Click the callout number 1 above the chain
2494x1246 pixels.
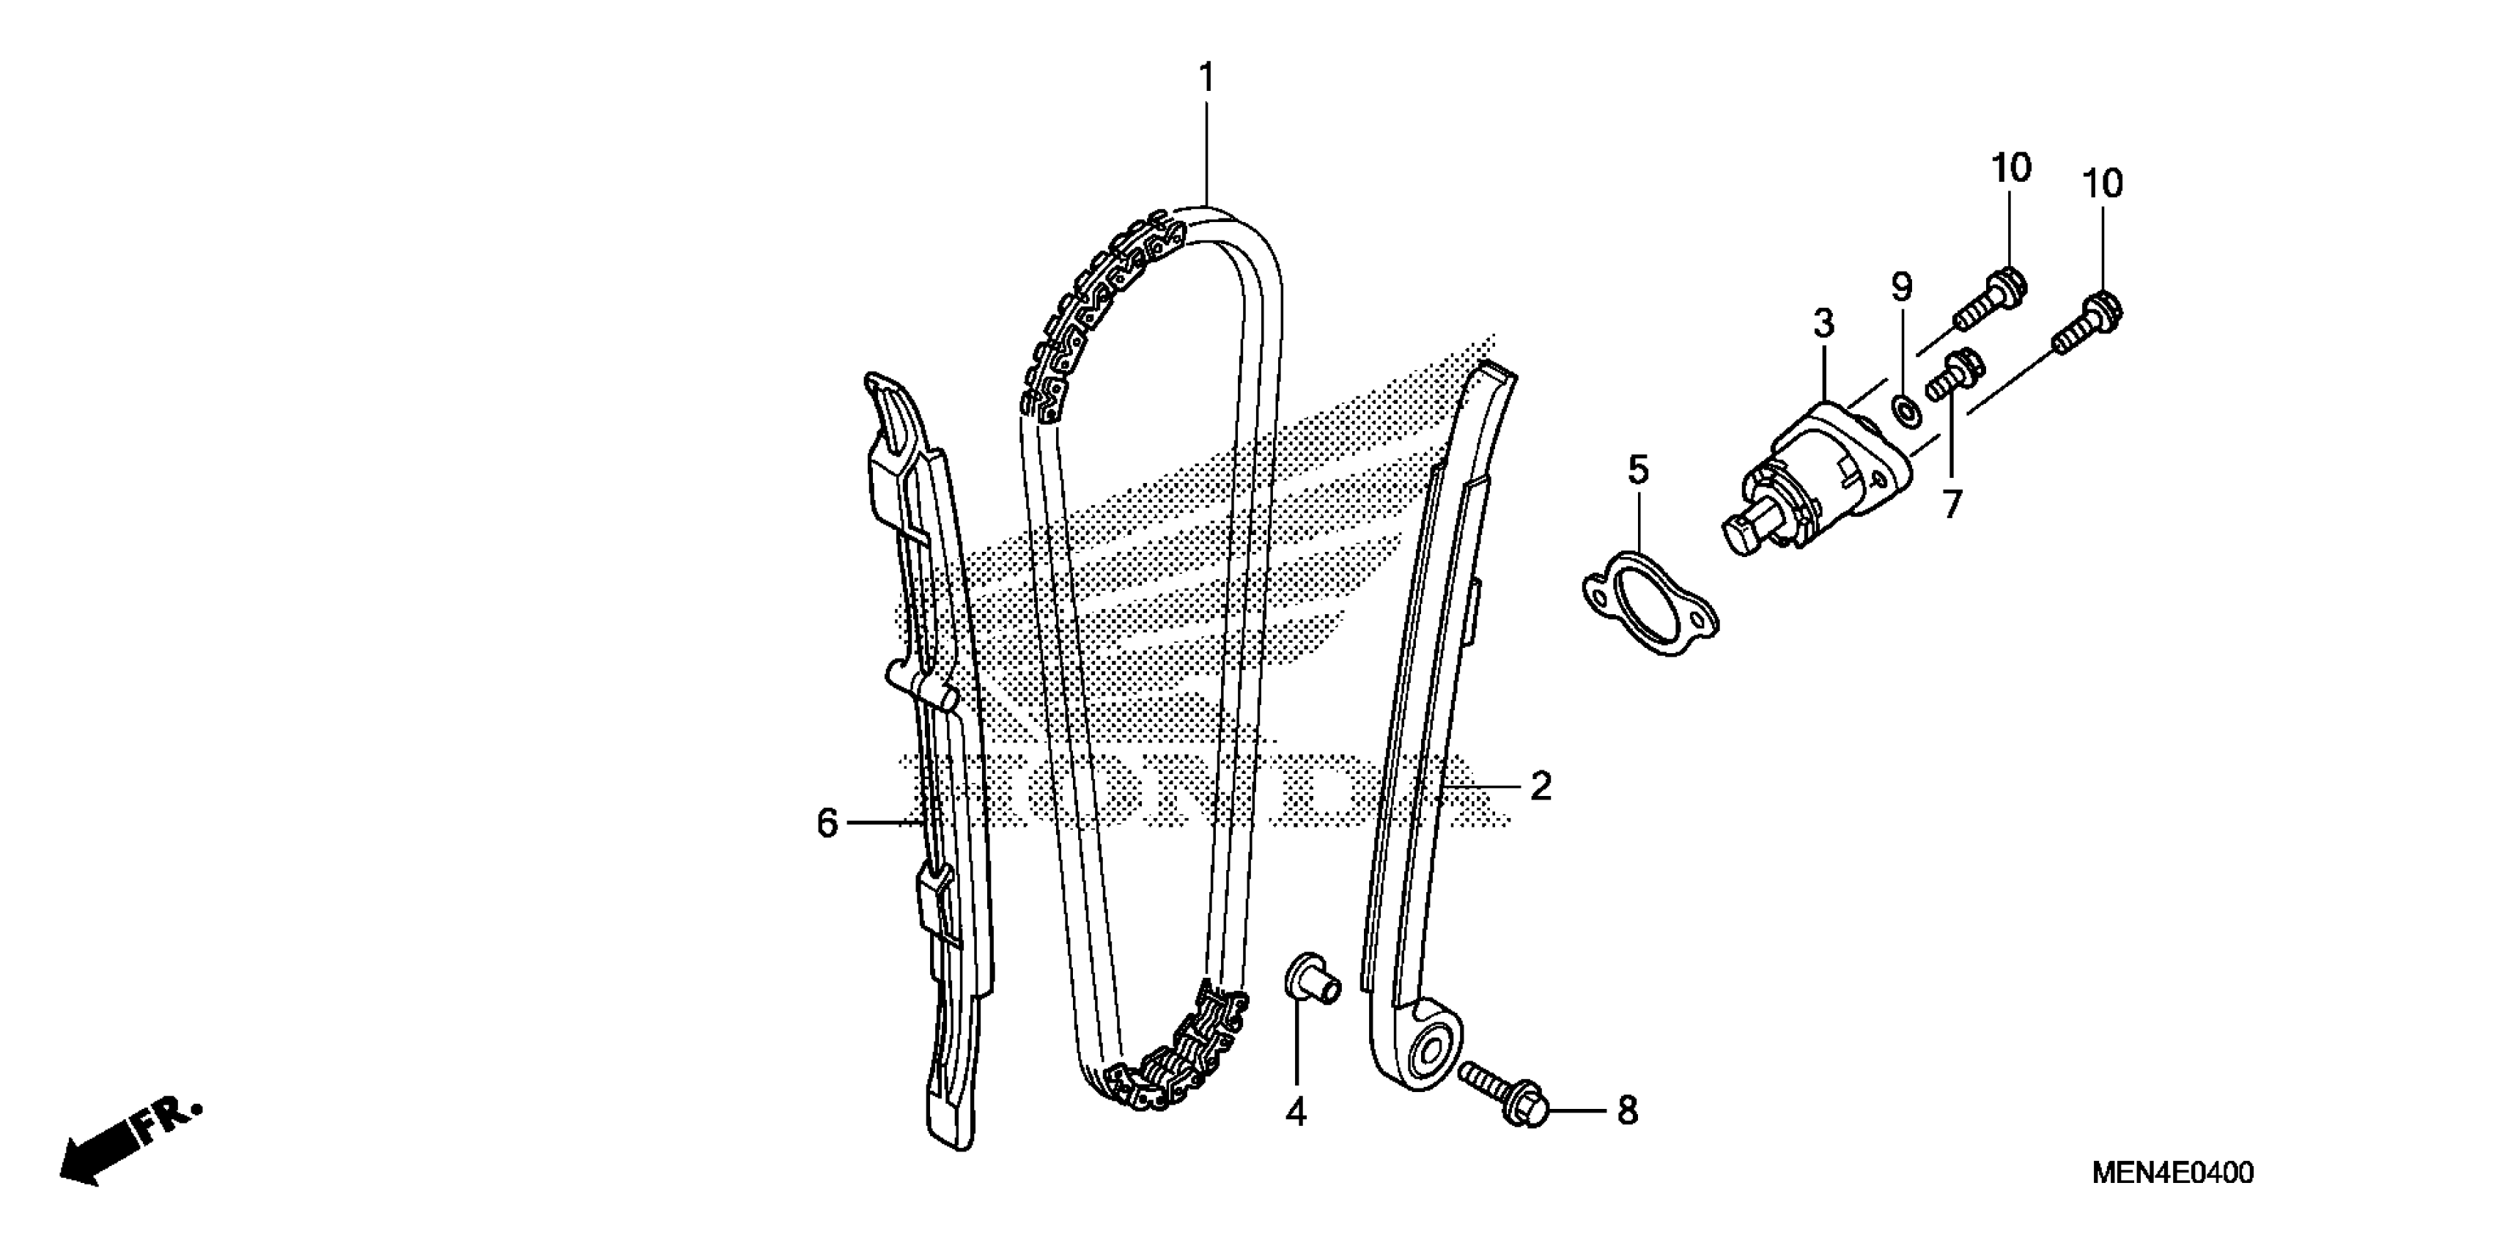pyautogui.click(x=1206, y=78)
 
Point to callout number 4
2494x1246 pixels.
pyautogui.click(x=1296, y=1113)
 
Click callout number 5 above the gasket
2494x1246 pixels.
pyautogui.click(x=1637, y=471)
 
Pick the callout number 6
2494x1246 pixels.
pyautogui.click(x=827, y=823)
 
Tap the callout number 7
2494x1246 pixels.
pyautogui.click(x=1951, y=504)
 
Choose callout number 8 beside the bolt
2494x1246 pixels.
pyautogui.click(x=1628, y=1110)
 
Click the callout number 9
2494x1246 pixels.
pyautogui.click(x=1903, y=287)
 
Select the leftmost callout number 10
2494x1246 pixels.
pyautogui.click(x=2011, y=169)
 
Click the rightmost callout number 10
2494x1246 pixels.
pyautogui.click(x=2102, y=184)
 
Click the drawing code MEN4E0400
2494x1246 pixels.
pyautogui.click(x=2172, y=1173)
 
